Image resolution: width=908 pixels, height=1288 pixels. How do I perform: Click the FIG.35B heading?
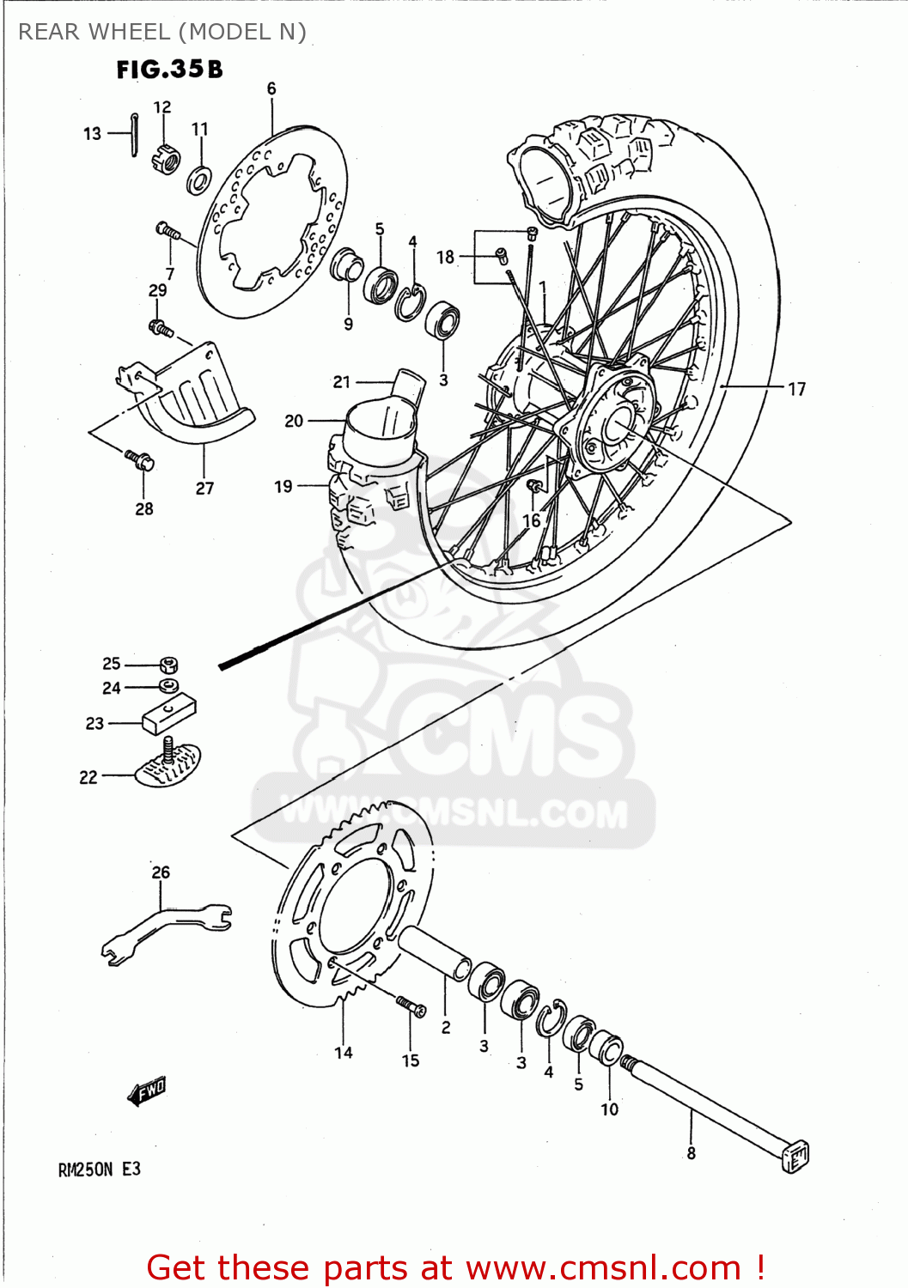[169, 70]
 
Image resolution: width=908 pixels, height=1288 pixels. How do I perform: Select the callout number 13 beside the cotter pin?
[92, 134]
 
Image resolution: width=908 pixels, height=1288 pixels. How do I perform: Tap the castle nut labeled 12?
[165, 160]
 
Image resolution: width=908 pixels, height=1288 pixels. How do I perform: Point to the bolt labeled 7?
[168, 230]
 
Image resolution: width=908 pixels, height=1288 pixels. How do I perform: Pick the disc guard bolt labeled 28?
[139, 459]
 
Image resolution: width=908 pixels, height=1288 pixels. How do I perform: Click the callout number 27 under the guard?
[204, 488]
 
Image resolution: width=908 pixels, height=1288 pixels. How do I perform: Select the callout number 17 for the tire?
[796, 389]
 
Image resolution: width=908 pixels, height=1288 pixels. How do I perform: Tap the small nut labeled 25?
[169, 665]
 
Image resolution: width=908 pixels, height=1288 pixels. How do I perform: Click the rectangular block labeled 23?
[169, 714]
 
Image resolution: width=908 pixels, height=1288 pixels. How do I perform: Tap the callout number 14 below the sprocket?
[344, 1053]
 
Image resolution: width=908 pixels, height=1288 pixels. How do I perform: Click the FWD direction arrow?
[147, 1091]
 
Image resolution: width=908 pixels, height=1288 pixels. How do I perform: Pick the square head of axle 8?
[795, 1156]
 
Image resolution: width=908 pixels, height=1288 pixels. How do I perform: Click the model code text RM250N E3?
[99, 1170]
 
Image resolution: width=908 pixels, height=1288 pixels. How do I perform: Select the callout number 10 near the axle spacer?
[609, 1109]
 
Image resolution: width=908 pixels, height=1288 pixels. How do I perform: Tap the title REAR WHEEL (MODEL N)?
[162, 32]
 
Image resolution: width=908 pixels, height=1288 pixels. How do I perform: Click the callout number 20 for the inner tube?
[294, 421]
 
